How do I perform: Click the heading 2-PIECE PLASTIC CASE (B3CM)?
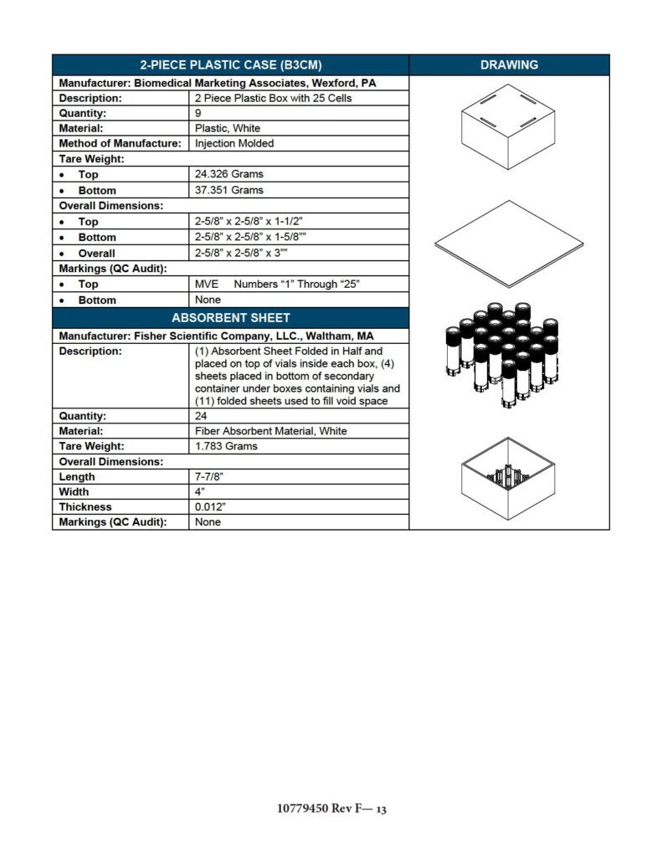(230, 64)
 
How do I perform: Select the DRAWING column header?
(509, 64)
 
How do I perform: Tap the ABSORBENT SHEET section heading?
(230, 318)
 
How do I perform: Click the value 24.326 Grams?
(228, 174)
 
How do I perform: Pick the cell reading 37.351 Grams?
(228, 190)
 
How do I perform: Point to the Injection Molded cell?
(234, 143)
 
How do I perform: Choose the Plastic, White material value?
(228, 128)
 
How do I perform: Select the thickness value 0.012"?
(210, 506)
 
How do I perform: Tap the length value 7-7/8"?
(209, 476)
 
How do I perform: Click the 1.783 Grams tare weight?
(226, 446)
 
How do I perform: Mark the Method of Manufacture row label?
(120, 143)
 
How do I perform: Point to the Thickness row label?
(85, 506)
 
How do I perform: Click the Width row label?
(74, 491)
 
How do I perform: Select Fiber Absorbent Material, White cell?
(271, 431)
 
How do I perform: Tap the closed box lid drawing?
(509, 127)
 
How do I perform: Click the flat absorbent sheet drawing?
(509, 244)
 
